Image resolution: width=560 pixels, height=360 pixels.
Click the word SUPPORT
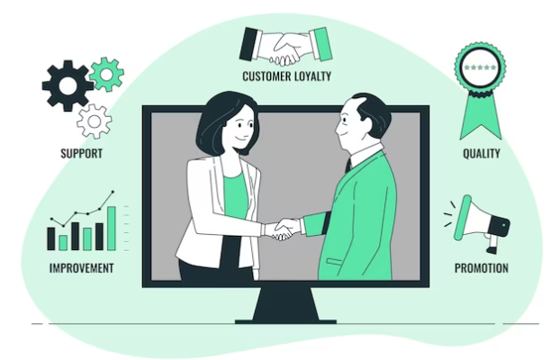click(81, 154)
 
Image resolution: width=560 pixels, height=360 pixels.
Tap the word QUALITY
click(482, 154)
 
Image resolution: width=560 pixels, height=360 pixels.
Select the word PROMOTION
click(481, 268)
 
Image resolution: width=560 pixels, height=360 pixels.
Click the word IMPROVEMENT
click(81, 268)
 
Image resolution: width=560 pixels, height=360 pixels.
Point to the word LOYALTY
click(313, 76)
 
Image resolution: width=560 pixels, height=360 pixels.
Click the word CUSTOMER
click(267, 76)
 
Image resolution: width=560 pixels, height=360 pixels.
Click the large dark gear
click(68, 85)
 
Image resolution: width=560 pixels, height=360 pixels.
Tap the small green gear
click(106, 75)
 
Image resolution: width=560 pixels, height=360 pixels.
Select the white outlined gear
click(94, 121)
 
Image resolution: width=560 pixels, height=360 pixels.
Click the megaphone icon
click(479, 223)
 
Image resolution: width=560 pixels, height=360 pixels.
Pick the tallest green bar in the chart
click(112, 229)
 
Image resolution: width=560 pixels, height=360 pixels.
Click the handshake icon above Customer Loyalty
click(285, 47)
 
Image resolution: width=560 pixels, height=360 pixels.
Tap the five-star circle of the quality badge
click(480, 67)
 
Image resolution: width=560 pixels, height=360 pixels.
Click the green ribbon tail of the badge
click(481, 115)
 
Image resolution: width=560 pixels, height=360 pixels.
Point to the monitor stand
click(285, 306)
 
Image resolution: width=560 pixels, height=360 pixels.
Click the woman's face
click(240, 128)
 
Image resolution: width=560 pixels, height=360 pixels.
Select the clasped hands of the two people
click(285, 229)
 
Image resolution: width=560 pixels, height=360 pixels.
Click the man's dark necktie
click(348, 165)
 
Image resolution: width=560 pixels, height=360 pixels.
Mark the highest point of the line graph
click(113, 192)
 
